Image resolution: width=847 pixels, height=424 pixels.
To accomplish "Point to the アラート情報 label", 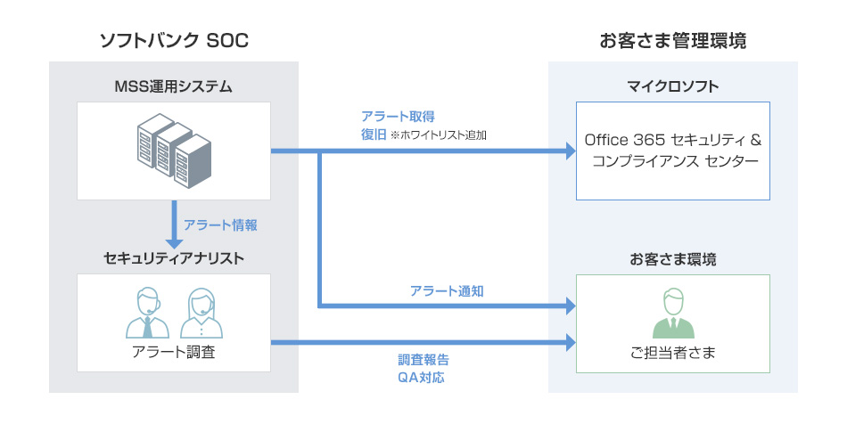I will (220, 225).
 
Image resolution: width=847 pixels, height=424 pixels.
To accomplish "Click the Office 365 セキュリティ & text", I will (672, 142).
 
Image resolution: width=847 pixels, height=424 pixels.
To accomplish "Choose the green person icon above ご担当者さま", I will (673, 314).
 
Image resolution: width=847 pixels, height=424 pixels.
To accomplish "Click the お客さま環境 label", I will (673, 259).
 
